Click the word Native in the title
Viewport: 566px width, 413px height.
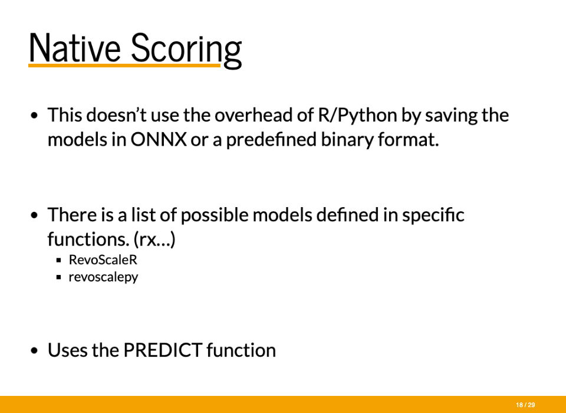click(74, 48)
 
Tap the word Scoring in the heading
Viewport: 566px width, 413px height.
click(186, 50)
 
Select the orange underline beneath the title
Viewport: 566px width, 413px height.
click(124, 65)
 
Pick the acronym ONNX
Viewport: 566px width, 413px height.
click(159, 139)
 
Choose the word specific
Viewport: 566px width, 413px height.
click(433, 215)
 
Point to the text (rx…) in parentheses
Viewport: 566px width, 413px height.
click(154, 240)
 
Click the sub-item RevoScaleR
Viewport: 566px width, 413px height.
click(103, 260)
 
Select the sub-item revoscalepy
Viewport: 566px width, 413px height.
click(103, 277)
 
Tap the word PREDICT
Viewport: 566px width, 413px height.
click(163, 350)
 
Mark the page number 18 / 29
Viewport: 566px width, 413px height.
click(525, 405)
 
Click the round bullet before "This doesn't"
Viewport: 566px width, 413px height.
click(34, 116)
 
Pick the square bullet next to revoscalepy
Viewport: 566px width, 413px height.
click(59, 277)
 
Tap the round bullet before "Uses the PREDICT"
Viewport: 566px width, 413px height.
click(34, 350)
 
